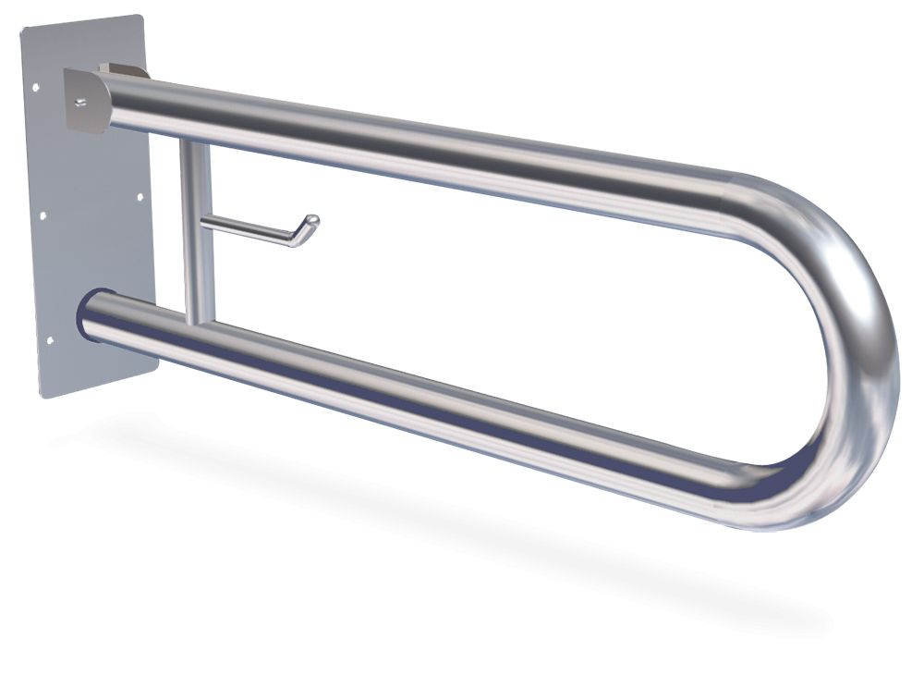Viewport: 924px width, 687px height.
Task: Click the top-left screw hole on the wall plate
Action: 35,90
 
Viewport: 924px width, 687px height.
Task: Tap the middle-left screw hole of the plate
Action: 42,217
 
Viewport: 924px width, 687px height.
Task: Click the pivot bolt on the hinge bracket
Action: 81,101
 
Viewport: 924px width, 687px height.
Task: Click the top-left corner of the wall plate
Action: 22,29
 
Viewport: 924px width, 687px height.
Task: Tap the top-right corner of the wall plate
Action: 141,15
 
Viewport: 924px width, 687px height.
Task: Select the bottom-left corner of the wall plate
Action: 43,397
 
